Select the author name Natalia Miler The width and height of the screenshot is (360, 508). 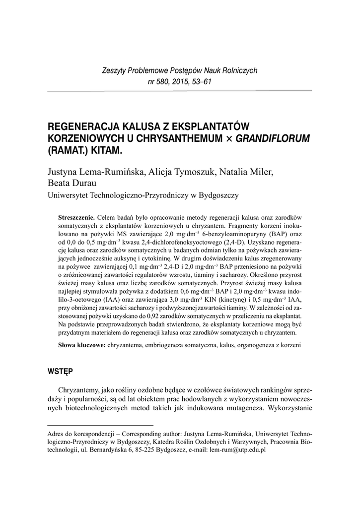click(251, 172)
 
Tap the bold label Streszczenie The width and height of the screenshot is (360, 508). click(77, 218)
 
